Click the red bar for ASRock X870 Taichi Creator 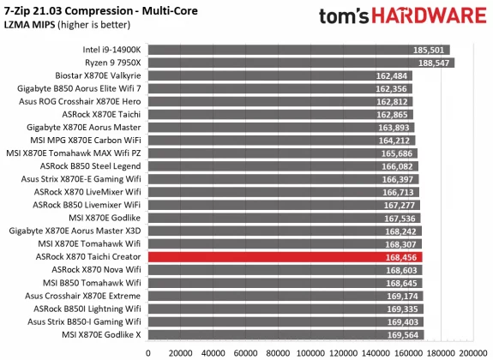tap(257, 255)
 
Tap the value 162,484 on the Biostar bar tap(394, 75)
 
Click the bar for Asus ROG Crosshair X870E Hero tap(257, 101)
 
